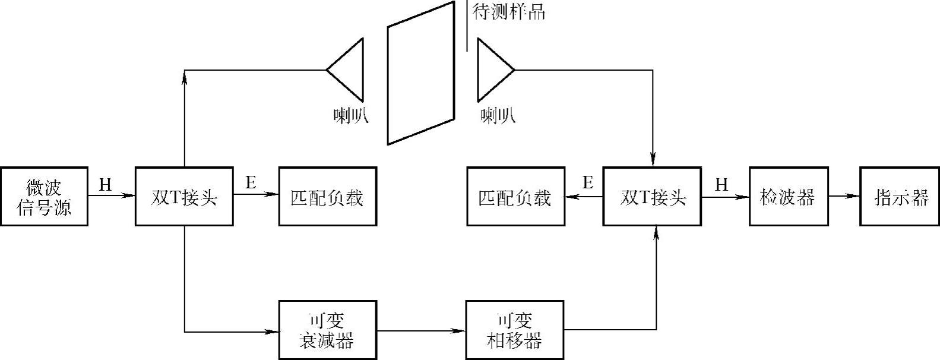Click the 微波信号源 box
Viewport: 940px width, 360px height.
click(44, 197)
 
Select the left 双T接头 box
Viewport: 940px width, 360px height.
click(184, 197)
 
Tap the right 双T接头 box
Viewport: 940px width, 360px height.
click(652, 197)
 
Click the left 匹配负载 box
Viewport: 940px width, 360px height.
click(327, 197)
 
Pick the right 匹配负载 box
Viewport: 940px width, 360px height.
click(515, 197)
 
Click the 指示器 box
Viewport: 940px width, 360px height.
click(900, 197)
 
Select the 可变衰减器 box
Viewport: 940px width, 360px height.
click(327, 330)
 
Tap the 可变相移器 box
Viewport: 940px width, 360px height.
click(514, 330)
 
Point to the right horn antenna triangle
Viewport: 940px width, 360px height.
click(492, 70)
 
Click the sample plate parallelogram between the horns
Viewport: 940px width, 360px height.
click(420, 72)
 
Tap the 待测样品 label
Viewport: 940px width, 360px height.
click(508, 12)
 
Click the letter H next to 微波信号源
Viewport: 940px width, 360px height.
click(105, 185)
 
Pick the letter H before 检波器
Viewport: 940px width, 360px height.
click(721, 185)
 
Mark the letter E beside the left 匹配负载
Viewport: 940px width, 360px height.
click(251, 183)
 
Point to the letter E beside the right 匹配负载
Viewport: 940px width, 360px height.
click(588, 183)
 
